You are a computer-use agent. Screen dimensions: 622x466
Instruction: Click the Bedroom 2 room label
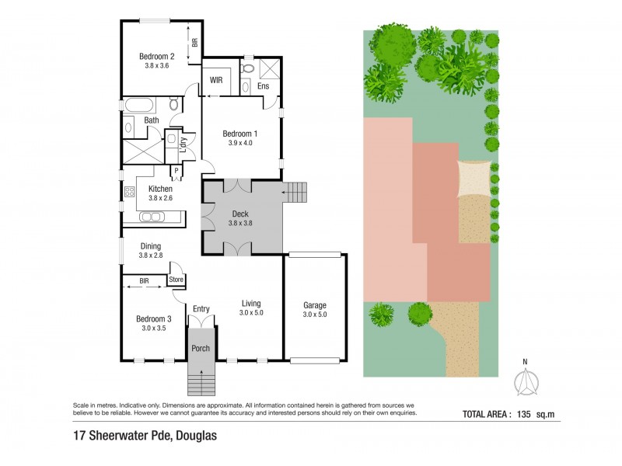[157, 56]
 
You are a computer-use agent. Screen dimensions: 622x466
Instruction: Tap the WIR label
[216, 80]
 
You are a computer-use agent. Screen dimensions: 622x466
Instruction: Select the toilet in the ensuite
[247, 68]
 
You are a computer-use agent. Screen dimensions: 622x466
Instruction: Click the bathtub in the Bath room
[139, 106]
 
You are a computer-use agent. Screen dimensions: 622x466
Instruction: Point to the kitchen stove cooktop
[129, 192]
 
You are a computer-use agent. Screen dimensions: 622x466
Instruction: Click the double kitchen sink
[152, 217]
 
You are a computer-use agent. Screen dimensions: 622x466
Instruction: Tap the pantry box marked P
[176, 171]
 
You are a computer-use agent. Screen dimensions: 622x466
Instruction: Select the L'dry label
[183, 144]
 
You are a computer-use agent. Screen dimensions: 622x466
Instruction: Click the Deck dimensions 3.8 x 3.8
[240, 223]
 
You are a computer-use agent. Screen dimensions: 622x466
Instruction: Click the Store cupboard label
[176, 280]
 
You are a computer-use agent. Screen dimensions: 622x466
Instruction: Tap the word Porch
[201, 348]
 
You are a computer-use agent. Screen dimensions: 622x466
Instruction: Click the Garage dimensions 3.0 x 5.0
[315, 315]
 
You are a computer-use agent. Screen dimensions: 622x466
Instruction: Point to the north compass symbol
[526, 380]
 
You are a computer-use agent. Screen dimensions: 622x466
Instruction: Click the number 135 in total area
[523, 415]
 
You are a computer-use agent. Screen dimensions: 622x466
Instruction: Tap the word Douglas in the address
[197, 436]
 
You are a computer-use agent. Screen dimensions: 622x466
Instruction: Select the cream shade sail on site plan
[475, 179]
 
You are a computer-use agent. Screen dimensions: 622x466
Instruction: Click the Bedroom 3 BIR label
[144, 281]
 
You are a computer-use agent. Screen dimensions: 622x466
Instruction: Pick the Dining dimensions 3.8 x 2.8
[151, 256]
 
